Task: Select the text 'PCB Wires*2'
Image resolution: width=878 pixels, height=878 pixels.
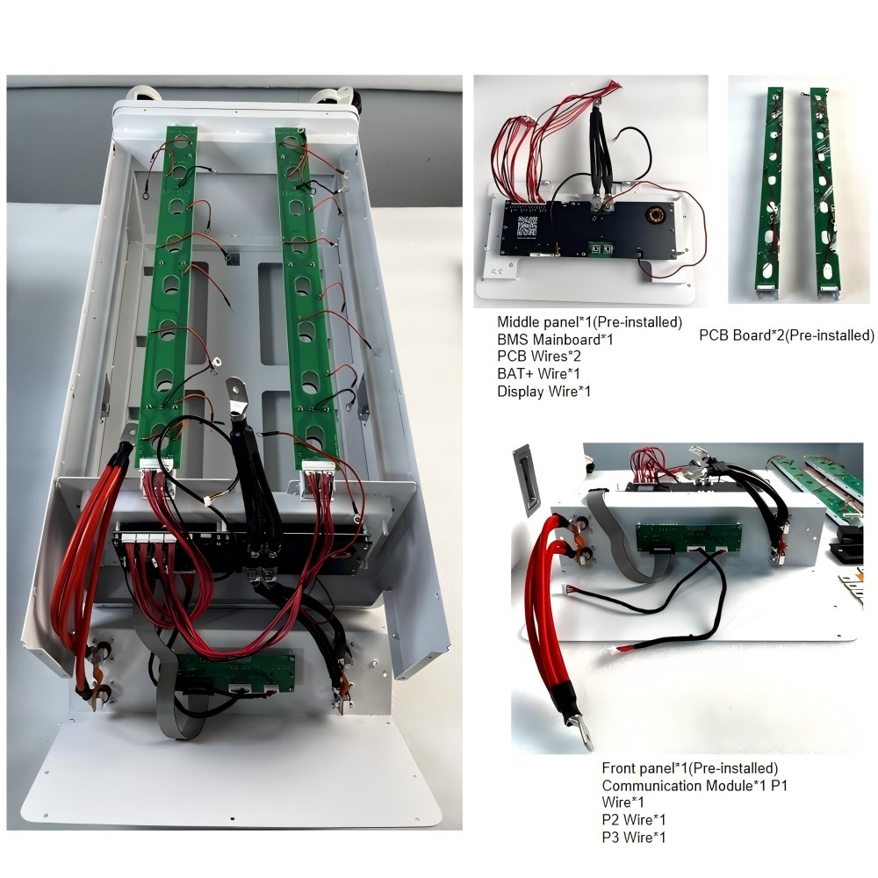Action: pos(538,356)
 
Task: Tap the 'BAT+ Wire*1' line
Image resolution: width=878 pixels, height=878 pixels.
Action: pos(540,374)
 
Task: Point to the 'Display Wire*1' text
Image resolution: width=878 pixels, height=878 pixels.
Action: pos(543,391)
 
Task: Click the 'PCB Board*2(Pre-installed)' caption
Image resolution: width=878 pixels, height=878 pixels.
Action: pos(787,335)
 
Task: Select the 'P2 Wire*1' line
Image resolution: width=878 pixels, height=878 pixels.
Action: pos(634,819)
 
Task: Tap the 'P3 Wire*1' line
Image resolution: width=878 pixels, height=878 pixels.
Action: pos(634,837)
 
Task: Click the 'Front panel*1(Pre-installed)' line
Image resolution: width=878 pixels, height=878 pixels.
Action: pos(689,769)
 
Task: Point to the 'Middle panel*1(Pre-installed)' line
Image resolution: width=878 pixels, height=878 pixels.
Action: pos(589,322)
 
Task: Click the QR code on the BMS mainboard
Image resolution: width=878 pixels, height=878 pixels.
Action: pos(525,227)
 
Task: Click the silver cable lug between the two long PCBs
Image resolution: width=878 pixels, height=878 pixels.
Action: pos(235,399)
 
